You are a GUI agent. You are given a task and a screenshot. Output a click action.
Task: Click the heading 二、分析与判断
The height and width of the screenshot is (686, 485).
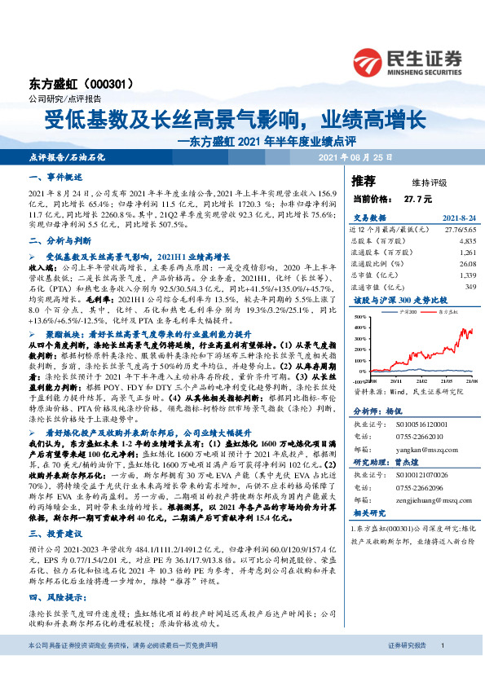[x=57, y=240]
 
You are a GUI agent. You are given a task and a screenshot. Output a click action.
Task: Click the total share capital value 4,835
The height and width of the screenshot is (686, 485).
[x=465, y=241]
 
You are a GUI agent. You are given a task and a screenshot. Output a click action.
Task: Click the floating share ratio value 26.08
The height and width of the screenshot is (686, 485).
[x=464, y=264]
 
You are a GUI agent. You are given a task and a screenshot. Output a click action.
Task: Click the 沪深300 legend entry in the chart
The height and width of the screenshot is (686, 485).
[x=404, y=313]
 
